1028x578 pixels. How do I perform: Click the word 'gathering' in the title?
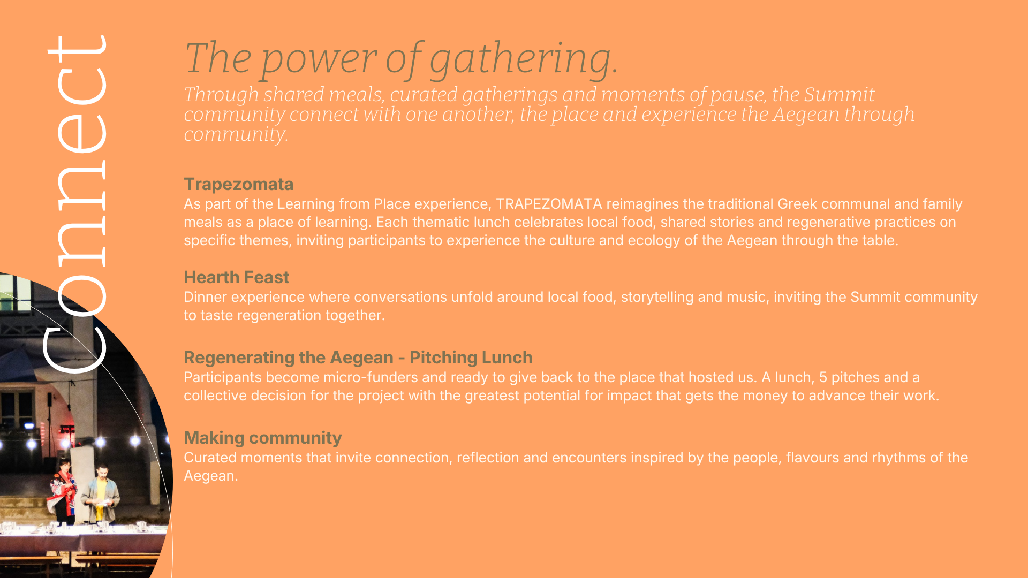click(524, 59)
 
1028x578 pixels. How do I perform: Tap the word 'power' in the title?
click(319, 59)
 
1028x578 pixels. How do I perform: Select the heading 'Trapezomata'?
click(239, 184)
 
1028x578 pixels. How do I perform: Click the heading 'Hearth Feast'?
click(236, 277)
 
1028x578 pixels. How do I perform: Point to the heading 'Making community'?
click(262, 438)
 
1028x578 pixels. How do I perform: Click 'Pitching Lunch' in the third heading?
click(471, 358)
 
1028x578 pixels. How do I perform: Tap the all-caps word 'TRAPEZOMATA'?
click(549, 204)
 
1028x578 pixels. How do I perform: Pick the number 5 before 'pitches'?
click(823, 377)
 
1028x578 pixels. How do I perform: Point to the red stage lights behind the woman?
click(67, 429)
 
